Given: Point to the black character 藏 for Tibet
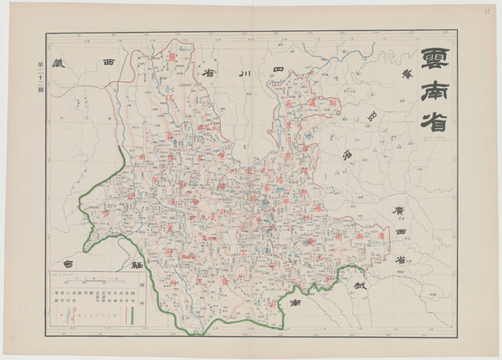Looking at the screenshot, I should pos(58,64).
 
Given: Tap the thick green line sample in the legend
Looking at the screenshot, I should pos(131,316).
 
